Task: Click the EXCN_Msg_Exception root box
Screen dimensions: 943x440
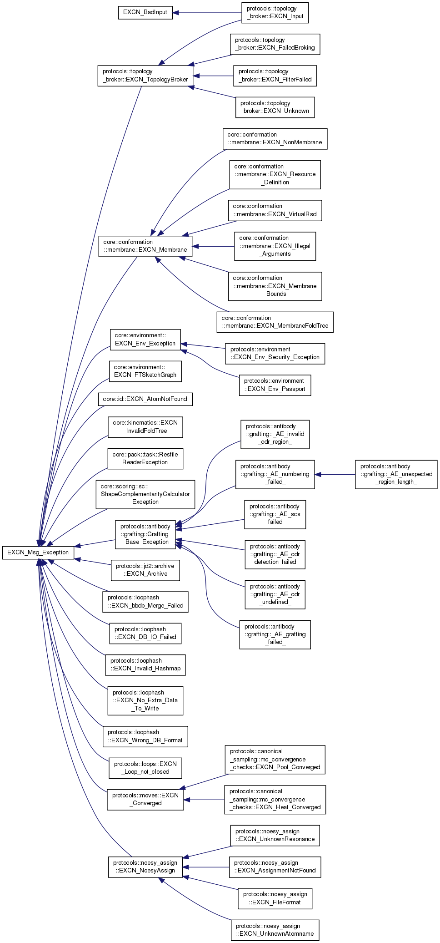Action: point(38,553)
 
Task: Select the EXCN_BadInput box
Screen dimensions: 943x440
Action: point(145,12)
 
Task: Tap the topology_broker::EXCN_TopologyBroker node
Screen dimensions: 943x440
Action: point(145,76)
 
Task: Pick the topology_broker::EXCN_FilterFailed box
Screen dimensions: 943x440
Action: point(275,76)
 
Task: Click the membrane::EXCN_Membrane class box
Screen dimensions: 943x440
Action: point(145,246)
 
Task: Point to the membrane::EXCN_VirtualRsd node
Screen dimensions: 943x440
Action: point(275,210)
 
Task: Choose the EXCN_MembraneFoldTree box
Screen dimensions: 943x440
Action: point(275,322)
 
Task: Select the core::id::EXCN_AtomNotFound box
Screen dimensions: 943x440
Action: point(145,399)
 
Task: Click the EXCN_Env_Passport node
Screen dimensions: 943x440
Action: point(275,385)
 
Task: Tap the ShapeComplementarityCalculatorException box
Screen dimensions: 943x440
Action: point(145,494)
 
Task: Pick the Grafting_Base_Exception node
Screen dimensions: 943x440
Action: point(145,534)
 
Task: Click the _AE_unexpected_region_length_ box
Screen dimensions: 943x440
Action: point(396,474)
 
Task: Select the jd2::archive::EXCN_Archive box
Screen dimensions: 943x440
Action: point(145,570)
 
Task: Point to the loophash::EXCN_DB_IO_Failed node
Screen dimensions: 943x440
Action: point(145,633)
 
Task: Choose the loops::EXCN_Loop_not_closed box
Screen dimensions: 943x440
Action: point(145,768)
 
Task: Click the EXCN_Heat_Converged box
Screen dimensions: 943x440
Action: point(275,800)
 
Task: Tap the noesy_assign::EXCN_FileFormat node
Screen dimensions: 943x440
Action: point(275,898)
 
